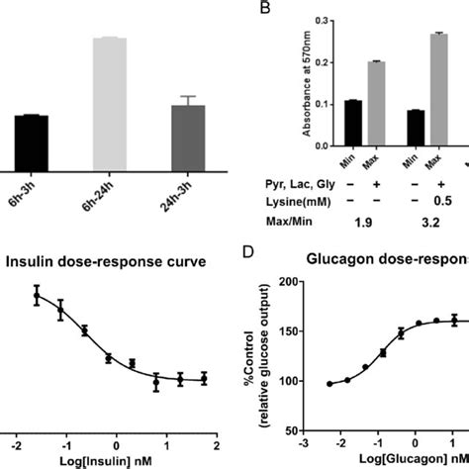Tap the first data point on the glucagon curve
[x=329, y=384]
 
